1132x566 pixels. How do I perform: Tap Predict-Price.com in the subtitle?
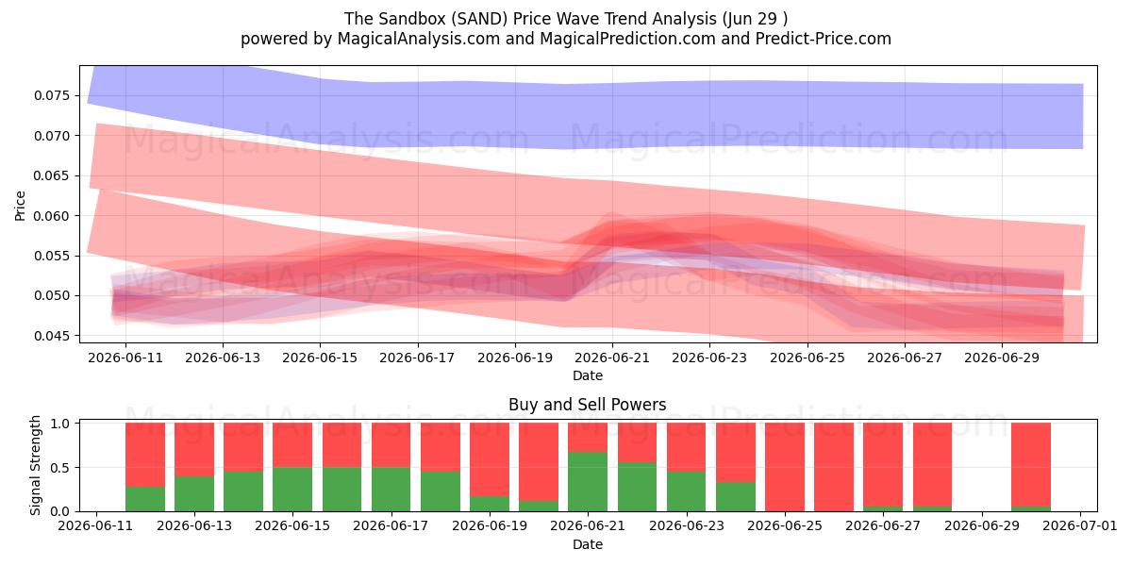823,39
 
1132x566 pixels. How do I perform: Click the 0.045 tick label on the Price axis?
50,336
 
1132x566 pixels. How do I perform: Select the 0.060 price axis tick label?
50,216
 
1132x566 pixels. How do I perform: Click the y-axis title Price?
20,206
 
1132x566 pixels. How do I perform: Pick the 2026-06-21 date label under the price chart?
612,358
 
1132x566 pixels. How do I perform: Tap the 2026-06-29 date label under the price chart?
1002,358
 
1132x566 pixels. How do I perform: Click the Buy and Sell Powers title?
587,405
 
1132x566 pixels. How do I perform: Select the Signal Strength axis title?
35,465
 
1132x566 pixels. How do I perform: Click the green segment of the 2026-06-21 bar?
587,482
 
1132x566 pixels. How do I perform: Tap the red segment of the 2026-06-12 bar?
145,455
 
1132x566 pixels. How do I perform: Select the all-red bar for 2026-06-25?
784,467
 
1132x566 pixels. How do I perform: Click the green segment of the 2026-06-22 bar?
637,487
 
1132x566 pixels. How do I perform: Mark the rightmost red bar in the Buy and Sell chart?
1031,465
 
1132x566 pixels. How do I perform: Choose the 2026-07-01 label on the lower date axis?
1080,526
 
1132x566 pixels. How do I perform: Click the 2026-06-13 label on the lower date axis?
194,526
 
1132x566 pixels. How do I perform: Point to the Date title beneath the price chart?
587,376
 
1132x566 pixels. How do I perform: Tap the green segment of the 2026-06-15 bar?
292,490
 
